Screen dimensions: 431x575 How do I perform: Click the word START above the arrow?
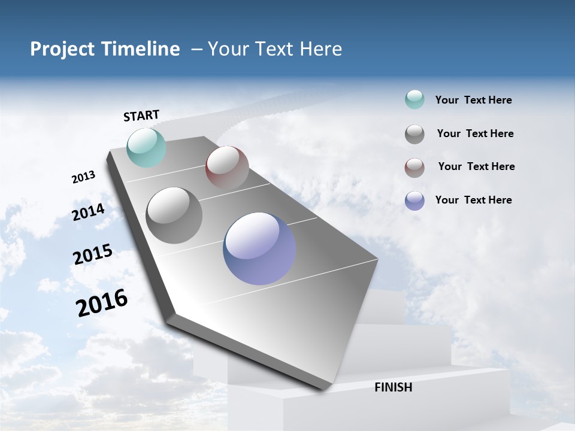click(x=141, y=116)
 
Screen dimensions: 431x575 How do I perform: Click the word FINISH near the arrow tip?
click(x=393, y=387)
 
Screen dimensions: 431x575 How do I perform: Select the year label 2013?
click(x=83, y=177)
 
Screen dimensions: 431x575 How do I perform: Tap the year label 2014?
click(x=89, y=212)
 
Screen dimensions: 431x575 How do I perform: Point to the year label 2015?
click(x=93, y=254)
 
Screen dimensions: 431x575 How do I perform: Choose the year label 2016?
click(x=102, y=303)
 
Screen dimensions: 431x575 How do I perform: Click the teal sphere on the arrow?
click(x=147, y=147)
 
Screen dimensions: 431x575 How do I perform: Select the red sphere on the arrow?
click(x=227, y=167)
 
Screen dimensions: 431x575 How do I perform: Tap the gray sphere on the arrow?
click(x=174, y=215)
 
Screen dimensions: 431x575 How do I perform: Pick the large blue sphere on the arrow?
click(x=259, y=248)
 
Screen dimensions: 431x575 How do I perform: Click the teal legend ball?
click(x=414, y=100)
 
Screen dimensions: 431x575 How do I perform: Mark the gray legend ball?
click(x=414, y=134)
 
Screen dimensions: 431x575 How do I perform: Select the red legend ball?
click(x=414, y=167)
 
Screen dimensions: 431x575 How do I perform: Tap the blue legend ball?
click(x=414, y=201)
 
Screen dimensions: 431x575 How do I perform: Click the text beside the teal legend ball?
click(x=473, y=101)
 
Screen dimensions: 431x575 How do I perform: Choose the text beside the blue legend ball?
click(x=473, y=200)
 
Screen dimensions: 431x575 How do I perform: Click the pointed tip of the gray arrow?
click(x=323, y=389)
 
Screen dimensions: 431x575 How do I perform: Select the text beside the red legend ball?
click(x=476, y=166)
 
